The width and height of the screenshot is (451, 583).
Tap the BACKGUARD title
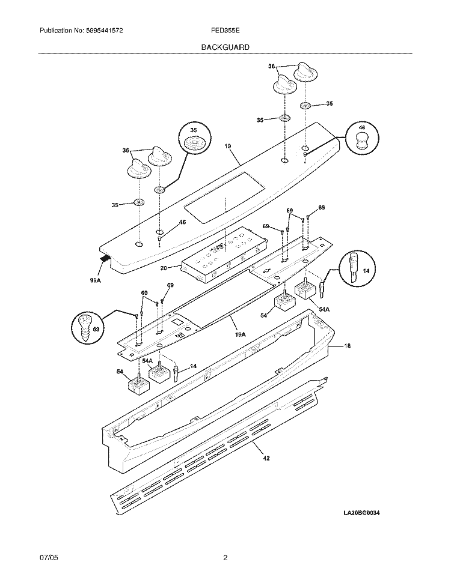point(226,46)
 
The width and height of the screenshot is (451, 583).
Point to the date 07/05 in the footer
point(48,558)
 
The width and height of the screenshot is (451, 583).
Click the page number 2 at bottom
point(225,558)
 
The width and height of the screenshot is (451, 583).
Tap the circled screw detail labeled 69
point(88,328)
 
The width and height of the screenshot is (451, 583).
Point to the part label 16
point(347,346)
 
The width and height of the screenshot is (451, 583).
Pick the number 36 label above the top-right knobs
point(271,67)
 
